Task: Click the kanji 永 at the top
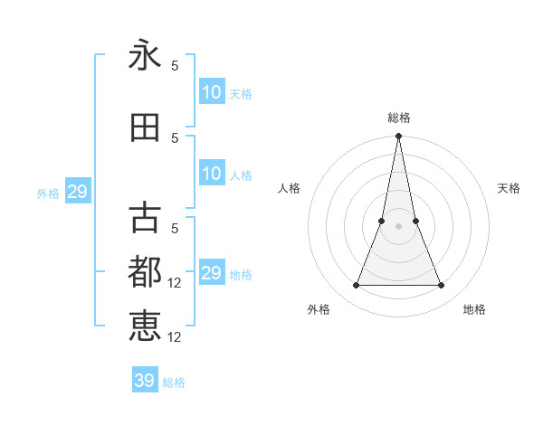click(145, 56)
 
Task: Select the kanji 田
click(145, 127)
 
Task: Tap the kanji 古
click(145, 218)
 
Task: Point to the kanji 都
click(145, 271)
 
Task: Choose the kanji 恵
click(145, 326)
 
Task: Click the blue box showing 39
click(145, 381)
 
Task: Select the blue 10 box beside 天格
click(212, 92)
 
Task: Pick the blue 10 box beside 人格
click(212, 174)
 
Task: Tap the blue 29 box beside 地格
click(212, 273)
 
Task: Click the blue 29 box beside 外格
click(77, 192)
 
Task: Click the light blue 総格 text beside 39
click(174, 382)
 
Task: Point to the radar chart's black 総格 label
click(398, 118)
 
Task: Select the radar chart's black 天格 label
click(509, 188)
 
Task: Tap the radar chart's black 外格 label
click(319, 309)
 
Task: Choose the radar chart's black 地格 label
click(474, 309)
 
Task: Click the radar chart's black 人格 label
click(289, 188)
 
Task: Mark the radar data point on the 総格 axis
click(398, 137)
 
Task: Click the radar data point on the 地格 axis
click(442, 286)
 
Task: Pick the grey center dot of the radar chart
click(398, 226)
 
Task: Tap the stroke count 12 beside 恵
click(176, 337)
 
